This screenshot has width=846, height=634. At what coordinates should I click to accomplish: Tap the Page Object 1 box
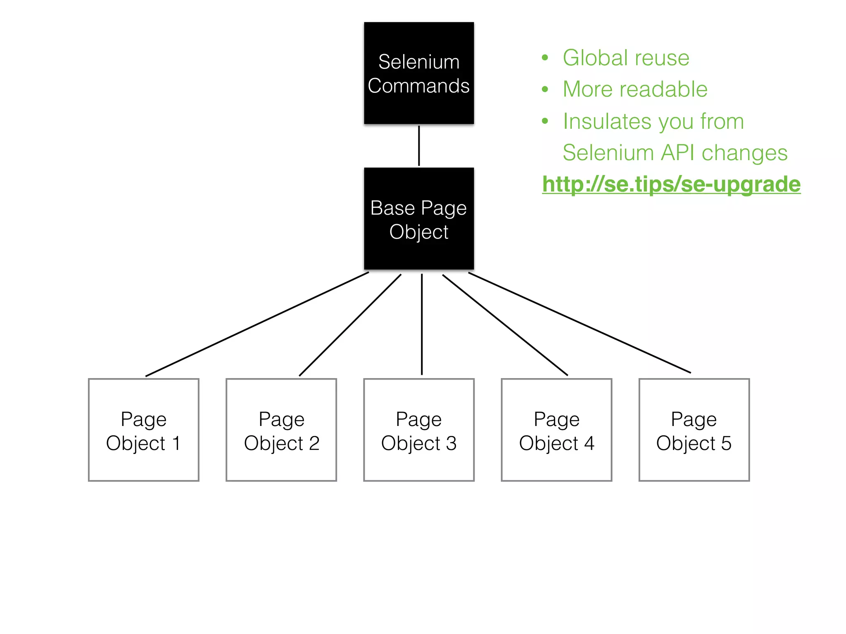point(143,430)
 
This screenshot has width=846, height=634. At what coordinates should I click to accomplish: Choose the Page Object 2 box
point(281,430)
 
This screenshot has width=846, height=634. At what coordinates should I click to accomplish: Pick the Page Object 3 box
point(418,430)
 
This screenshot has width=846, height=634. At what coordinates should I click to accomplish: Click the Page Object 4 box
point(556,430)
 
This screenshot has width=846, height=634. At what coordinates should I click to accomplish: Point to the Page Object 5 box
point(694,430)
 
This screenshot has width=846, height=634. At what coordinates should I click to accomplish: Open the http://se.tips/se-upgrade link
point(671,184)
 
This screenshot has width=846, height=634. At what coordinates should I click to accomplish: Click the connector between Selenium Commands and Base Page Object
point(419,146)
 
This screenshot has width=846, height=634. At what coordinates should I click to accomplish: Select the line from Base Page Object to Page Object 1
point(257,324)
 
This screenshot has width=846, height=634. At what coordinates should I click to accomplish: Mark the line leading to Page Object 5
point(579,322)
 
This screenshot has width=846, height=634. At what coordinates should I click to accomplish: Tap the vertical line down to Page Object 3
point(421,324)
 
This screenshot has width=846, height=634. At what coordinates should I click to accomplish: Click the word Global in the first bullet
point(595,57)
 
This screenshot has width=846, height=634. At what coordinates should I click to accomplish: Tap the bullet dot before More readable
point(545,89)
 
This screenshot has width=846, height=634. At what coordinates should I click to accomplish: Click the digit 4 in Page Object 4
point(589,443)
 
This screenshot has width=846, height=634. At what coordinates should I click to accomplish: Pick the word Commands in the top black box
point(418,86)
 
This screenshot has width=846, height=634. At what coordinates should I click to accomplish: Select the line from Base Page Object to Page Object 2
point(350,325)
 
